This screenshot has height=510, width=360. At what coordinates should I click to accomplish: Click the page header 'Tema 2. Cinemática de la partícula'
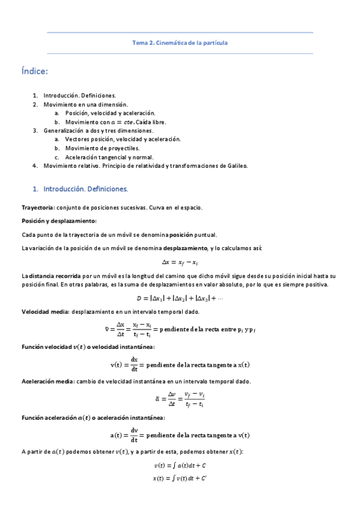(x=180, y=43)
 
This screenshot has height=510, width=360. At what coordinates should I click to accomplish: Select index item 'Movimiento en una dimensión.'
(x=81, y=104)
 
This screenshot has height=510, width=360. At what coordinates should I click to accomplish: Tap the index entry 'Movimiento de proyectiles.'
(x=102, y=147)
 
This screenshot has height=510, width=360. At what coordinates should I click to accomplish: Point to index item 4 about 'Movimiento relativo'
(x=145, y=165)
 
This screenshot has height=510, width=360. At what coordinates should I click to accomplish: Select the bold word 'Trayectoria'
(x=38, y=207)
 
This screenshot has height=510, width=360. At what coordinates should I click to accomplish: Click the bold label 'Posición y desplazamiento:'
(x=55, y=221)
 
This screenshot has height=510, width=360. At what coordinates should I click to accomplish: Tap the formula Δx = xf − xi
(x=180, y=262)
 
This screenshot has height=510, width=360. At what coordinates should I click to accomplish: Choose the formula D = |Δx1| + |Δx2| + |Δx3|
(x=180, y=298)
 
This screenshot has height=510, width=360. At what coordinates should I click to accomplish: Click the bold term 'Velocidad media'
(x=44, y=312)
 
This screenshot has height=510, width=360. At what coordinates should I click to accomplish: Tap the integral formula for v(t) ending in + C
(x=180, y=465)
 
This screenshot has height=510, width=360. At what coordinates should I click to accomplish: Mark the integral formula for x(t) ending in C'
(x=180, y=478)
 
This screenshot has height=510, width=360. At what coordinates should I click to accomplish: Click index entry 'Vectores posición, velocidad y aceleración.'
(x=123, y=139)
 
